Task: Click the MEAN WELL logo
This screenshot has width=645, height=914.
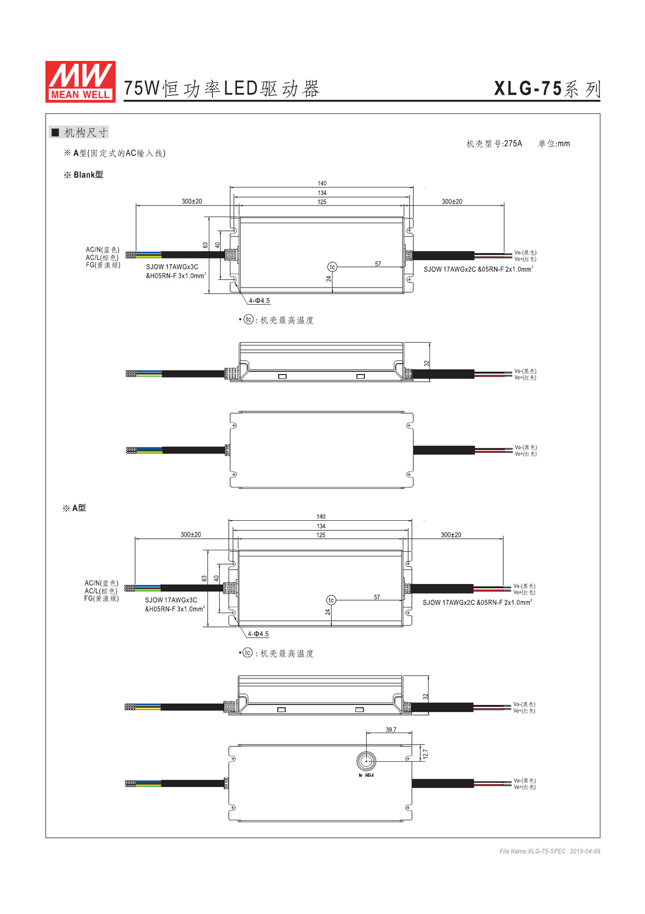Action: point(80,81)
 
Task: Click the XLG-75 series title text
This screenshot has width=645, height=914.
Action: point(547,89)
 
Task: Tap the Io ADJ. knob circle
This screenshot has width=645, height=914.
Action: point(366,761)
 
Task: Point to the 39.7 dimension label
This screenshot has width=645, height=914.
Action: point(391,730)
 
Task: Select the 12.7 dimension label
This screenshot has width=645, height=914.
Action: point(425,754)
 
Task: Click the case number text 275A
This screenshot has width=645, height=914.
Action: point(513,144)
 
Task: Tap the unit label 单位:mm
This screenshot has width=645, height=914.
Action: point(554,144)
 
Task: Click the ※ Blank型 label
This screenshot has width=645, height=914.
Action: point(84,175)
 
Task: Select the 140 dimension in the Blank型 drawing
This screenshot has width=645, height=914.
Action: point(322,183)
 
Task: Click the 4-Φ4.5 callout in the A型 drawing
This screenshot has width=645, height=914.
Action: point(258,634)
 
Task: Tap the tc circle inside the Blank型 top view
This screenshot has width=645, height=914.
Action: point(332,267)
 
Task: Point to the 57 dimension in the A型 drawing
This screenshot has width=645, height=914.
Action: point(377,597)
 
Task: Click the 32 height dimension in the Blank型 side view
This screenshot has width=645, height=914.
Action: point(427,364)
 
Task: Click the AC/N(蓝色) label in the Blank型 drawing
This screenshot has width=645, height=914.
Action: point(102,249)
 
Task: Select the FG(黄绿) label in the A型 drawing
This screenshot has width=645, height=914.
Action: point(101,598)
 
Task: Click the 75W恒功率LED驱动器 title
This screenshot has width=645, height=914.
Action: point(222,89)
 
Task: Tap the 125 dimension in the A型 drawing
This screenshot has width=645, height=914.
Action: point(321,535)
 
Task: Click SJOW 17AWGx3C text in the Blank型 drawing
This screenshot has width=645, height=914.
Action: point(172,267)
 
